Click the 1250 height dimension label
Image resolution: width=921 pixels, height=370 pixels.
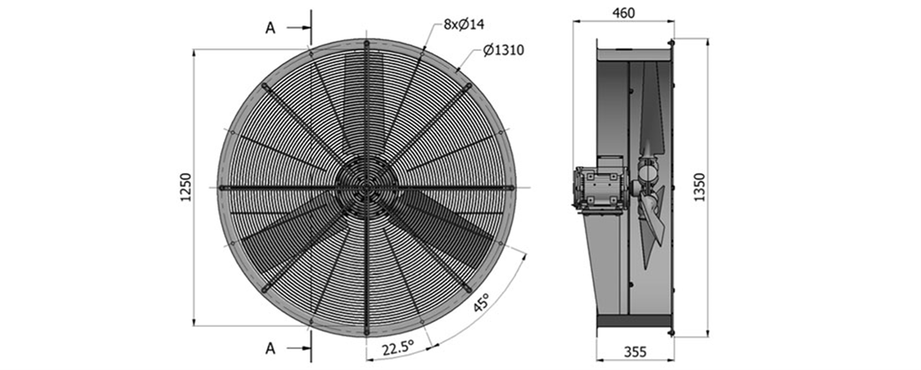[186, 187]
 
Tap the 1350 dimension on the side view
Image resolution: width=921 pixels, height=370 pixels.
[699, 187]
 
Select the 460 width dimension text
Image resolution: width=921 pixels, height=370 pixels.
[624, 13]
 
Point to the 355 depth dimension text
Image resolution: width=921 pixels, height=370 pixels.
[635, 351]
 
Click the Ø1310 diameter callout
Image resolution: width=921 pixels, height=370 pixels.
[504, 50]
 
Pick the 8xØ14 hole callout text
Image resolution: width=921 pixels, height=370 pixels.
[464, 24]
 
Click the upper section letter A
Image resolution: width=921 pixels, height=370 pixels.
[270, 28]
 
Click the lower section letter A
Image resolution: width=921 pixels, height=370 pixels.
[270, 348]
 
